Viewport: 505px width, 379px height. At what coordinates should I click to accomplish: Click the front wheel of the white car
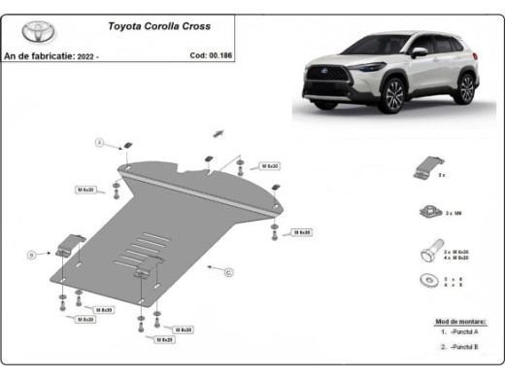pyautogui.click(x=392, y=97)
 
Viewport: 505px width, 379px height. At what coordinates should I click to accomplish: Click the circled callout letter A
pyautogui.click(x=98, y=143)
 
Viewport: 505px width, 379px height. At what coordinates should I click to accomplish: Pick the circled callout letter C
pyautogui.click(x=228, y=273)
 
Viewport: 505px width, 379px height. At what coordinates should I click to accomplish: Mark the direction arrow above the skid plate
pyautogui.click(x=219, y=132)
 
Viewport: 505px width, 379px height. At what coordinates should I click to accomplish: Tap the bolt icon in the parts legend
pyautogui.click(x=427, y=254)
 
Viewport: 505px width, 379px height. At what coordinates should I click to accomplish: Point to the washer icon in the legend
pyautogui.click(x=427, y=282)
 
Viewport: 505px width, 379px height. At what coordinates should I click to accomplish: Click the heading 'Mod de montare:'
pyautogui.click(x=460, y=321)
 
